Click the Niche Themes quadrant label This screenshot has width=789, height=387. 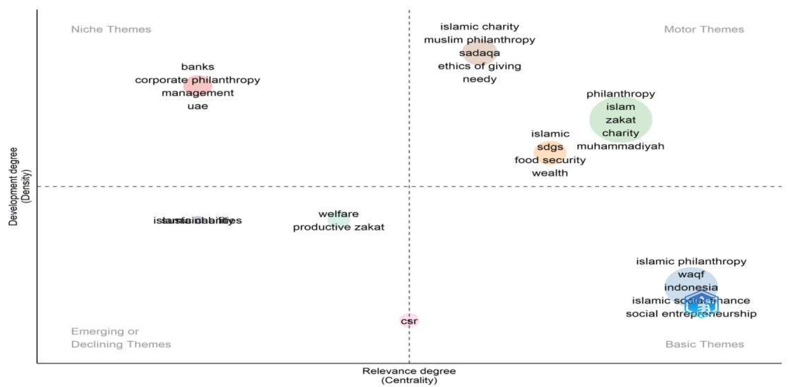[111, 29]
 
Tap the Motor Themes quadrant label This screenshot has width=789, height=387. [704, 29]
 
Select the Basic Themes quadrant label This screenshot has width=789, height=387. [704, 344]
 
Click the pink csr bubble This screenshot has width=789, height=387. [409, 321]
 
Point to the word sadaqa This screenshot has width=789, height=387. [479, 53]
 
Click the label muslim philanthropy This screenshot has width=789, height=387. [479, 40]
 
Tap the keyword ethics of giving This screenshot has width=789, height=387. [479, 66]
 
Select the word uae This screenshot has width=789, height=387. [198, 106]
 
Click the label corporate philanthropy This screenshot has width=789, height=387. [198, 80]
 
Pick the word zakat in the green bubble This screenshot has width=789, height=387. [620, 120]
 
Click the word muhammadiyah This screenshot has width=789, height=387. [620, 146]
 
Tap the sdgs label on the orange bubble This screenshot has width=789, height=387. [550, 147]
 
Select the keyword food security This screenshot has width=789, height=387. [550, 160]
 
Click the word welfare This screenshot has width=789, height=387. [338, 214]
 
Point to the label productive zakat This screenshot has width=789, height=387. [338, 227]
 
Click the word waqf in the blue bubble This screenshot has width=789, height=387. [691, 275]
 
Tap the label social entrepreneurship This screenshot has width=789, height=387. [691, 314]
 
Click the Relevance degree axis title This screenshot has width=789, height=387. [409, 372]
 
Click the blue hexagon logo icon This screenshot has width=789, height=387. [699, 304]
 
